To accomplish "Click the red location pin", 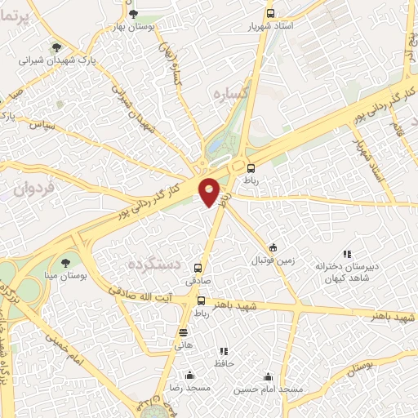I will coord(210,192).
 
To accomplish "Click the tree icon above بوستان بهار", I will coord(134,12).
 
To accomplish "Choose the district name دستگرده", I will coord(153,265).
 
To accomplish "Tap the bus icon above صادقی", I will coord(198,267).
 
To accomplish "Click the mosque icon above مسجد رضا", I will coord(189,376).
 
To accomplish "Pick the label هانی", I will coord(183,345).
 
